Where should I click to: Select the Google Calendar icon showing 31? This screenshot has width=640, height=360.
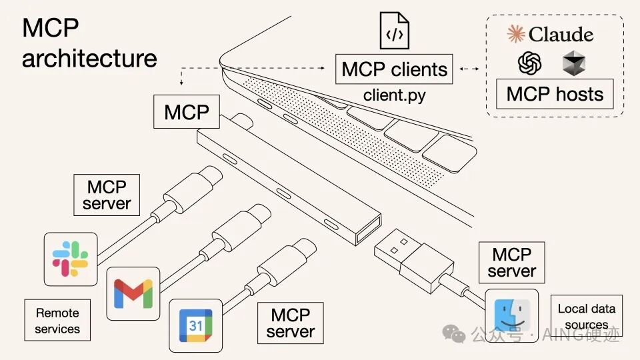tap(195, 325)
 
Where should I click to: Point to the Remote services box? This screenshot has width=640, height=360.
tap(57, 320)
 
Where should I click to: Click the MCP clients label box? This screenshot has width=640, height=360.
tap(394, 69)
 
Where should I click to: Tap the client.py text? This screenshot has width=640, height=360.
tap(394, 95)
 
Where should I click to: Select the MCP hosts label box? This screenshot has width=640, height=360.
tap(555, 93)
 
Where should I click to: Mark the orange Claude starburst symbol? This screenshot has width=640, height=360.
tap(516, 34)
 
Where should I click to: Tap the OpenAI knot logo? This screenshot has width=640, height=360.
tap(530, 64)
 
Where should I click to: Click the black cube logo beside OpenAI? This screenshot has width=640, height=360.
tap(573, 64)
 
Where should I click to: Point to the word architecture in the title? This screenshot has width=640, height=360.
tap(89, 58)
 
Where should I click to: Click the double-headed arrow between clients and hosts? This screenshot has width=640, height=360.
tap(470, 69)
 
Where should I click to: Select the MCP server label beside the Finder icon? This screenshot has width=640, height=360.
tap(511, 263)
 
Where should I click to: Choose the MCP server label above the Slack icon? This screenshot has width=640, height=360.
tap(107, 194)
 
